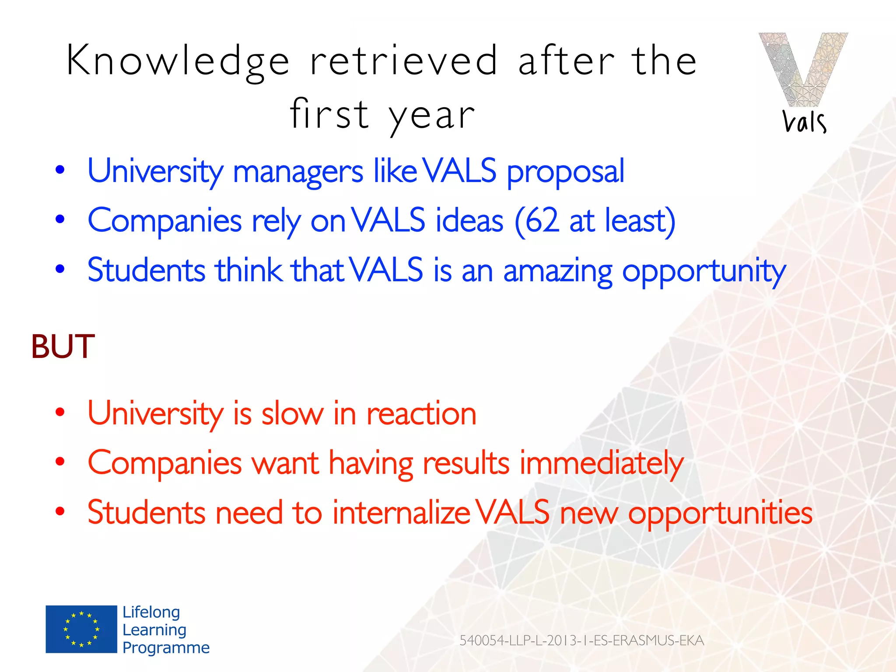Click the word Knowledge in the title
(178, 61)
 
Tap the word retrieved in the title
(403, 61)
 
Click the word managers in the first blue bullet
(297, 171)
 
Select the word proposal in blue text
(565, 171)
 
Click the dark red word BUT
(63, 346)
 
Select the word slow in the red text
(292, 413)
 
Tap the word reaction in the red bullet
(421, 413)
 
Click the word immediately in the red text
(601, 463)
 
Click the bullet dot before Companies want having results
(60, 462)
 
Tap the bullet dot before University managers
(60, 170)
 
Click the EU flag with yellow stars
(81, 629)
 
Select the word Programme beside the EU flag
(166, 647)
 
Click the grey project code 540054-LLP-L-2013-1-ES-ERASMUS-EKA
(581, 640)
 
